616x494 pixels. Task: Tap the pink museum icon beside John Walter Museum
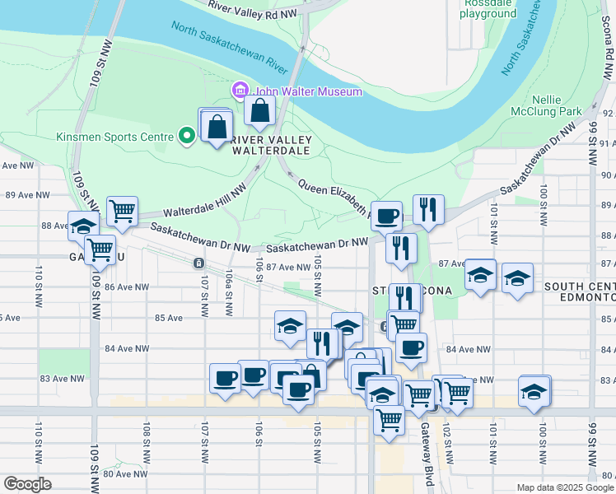click(x=240, y=89)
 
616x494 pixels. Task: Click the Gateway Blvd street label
click(x=426, y=441)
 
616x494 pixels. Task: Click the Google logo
click(x=27, y=484)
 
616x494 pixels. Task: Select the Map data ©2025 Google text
click(x=564, y=487)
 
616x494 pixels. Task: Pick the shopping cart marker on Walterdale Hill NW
click(x=122, y=211)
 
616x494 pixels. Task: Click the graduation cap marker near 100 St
click(x=517, y=278)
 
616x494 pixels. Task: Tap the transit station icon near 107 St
click(x=198, y=263)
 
